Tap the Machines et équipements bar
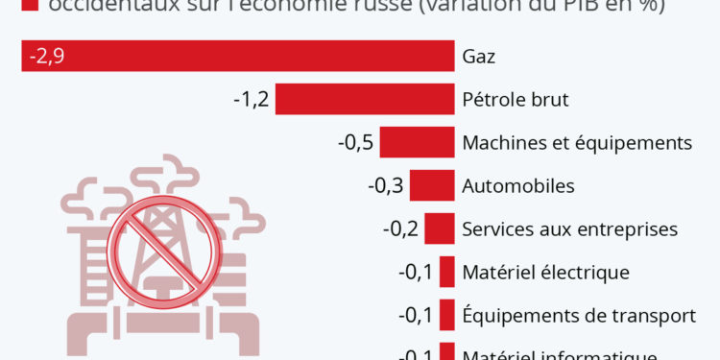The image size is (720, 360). click(417, 143)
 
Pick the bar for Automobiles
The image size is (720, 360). click(431, 185)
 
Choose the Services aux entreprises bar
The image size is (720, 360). click(439, 228)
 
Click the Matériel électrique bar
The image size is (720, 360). click(446, 272)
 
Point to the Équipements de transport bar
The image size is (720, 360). click(446, 315)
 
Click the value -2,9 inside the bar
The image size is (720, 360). click(47, 57)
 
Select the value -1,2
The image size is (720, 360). click(252, 100)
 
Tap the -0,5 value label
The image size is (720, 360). click(355, 143)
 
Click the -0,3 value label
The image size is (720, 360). click(385, 185)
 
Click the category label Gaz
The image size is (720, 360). click(478, 57)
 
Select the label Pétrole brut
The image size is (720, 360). click(516, 100)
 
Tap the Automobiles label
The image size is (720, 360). click(518, 185)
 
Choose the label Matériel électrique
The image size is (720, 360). click(545, 272)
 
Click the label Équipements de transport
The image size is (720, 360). click(578, 315)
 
